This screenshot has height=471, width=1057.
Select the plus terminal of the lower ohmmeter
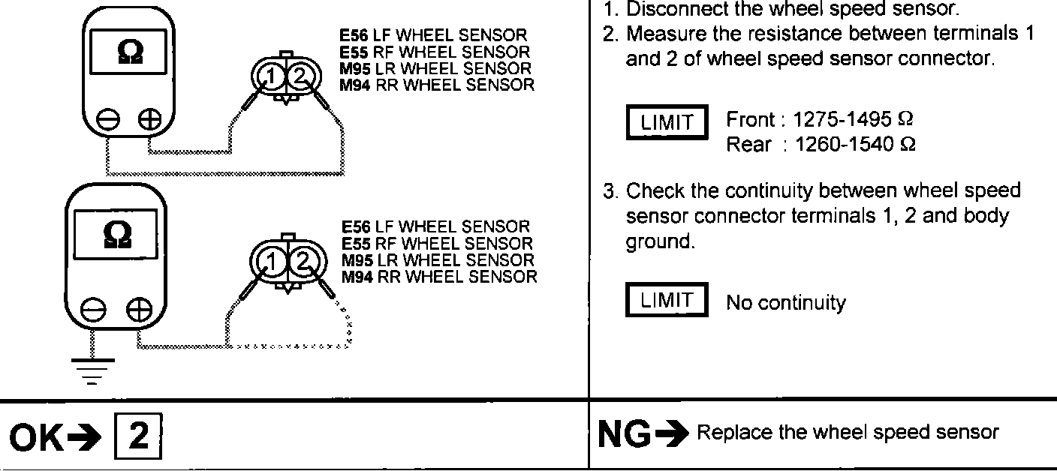click(138, 309)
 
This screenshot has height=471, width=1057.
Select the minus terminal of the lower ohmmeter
click(92, 309)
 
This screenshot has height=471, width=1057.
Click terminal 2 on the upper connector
click(298, 76)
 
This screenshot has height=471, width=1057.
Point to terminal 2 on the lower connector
click(303, 262)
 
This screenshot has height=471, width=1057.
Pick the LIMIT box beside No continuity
click(667, 300)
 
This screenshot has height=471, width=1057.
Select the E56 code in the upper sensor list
click(355, 35)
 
